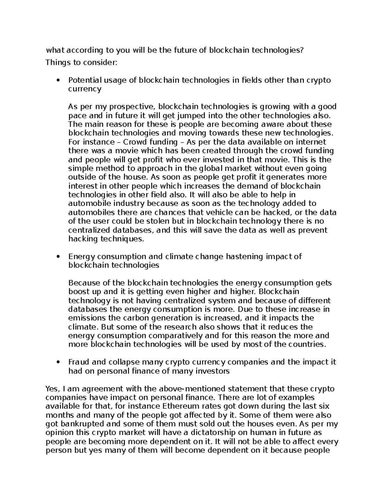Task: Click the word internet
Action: [311, 142]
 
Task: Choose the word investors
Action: [209, 371]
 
